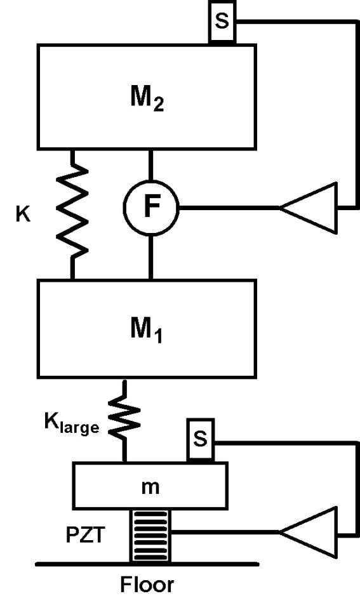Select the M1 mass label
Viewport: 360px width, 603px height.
[147, 330]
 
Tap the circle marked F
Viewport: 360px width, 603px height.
[150, 208]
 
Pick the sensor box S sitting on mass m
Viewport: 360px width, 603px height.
[201, 440]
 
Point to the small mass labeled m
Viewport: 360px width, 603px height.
[150, 486]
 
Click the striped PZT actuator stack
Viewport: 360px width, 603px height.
[150, 536]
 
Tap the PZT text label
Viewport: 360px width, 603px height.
[85, 534]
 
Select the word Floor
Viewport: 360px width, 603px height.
[147, 585]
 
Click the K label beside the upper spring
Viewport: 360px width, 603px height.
[23, 214]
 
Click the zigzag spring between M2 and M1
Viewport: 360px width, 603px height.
[72, 214]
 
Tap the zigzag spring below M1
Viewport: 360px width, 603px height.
[124, 421]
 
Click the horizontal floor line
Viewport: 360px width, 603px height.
[147, 564]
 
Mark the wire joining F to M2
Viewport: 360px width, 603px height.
[150, 165]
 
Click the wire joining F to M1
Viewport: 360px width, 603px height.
[150, 257]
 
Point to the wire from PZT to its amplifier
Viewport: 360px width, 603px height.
[225, 533]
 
